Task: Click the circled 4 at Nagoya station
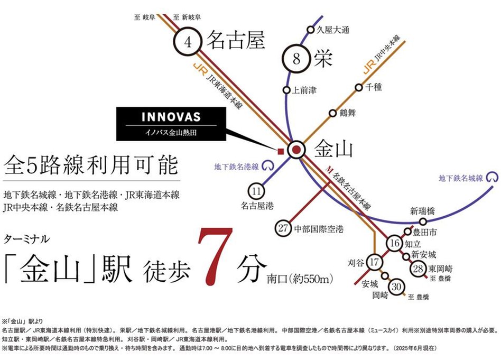click(188, 42)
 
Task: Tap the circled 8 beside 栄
click(296, 59)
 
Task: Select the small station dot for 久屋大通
click(310, 30)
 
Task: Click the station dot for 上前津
click(286, 90)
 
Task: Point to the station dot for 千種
click(359, 87)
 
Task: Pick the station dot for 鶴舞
click(333, 113)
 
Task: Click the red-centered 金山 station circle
click(296, 150)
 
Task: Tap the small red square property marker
click(281, 151)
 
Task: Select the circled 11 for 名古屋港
click(256, 191)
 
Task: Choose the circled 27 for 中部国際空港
click(283, 228)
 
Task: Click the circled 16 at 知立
click(395, 243)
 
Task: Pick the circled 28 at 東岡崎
click(418, 269)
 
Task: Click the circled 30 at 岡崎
click(396, 287)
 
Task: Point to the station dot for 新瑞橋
click(423, 221)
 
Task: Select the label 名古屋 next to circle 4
click(236, 40)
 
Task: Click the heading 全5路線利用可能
click(91, 165)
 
